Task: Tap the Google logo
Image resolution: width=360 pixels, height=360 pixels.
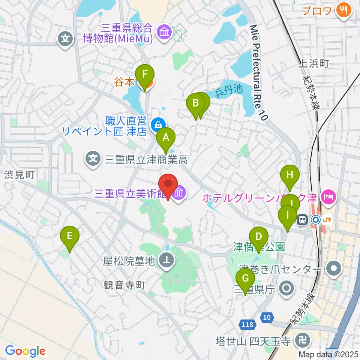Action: click(x=25, y=351)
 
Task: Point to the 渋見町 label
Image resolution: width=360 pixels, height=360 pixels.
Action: click(x=19, y=174)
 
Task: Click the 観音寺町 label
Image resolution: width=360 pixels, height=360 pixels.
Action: click(x=124, y=286)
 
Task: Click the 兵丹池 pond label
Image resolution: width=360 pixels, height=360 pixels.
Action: click(x=229, y=90)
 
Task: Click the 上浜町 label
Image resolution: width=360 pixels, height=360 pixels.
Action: click(x=313, y=63)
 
